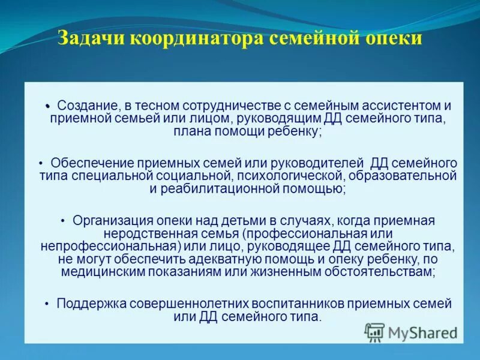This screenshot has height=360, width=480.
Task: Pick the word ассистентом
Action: click(400, 105)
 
